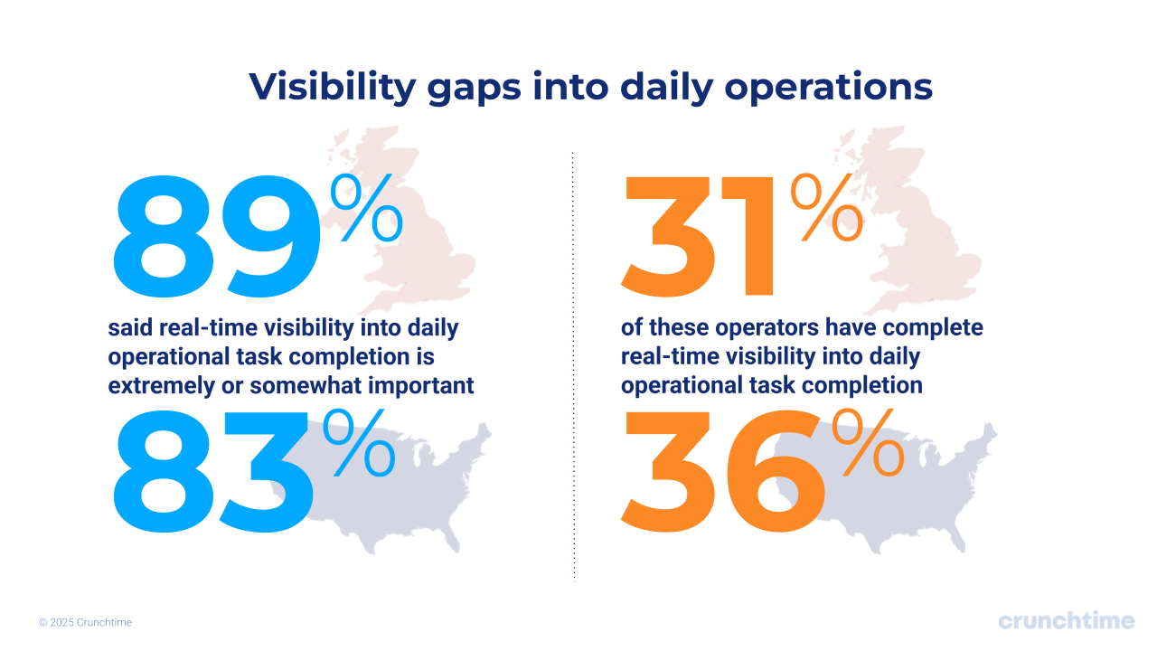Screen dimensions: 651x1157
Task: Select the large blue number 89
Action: [215, 236]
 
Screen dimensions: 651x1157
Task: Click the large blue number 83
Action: [212, 472]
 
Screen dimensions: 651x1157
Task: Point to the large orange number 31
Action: [699, 236]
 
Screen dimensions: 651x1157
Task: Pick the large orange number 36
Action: [723, 472]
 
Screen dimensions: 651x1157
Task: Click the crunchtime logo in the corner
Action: [1066, 621]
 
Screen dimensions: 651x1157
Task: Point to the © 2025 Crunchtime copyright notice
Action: [85, 623]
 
